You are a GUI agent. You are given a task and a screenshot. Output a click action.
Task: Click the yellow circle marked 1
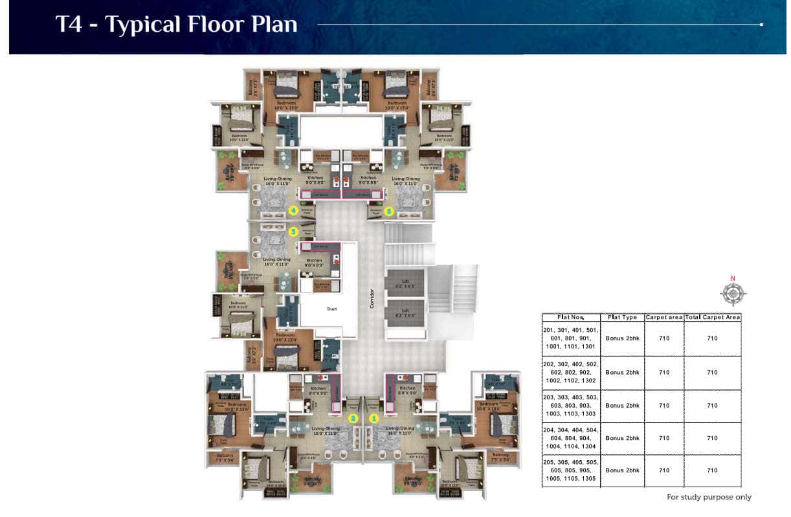(373, 418)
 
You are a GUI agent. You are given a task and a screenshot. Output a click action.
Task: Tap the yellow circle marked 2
(353, 418)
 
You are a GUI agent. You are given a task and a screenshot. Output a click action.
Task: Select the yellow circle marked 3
(293, 231)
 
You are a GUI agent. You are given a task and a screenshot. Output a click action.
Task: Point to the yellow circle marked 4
(293, 210)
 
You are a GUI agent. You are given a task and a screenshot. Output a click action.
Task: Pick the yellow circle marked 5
(389, 210)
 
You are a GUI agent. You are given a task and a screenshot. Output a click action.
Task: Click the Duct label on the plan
(331, 309)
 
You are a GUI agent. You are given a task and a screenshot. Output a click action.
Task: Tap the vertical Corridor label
(372, 298)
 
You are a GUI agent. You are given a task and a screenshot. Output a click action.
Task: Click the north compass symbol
(733, 293)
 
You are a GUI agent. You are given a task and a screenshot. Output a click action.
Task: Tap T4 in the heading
(70, 25)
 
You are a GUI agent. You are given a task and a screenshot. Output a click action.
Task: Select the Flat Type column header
(622, 317)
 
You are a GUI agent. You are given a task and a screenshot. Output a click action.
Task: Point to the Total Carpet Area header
(712, 317)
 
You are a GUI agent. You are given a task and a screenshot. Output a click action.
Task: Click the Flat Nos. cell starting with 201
(571, 338)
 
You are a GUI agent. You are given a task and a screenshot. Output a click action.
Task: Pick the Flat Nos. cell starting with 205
(571, 470)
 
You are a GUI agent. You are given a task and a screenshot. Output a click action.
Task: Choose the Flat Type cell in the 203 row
(622, 405)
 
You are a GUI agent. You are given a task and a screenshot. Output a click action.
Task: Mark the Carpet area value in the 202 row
(664, 372)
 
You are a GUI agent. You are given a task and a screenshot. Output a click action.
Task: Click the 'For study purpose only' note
(709, 497)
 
